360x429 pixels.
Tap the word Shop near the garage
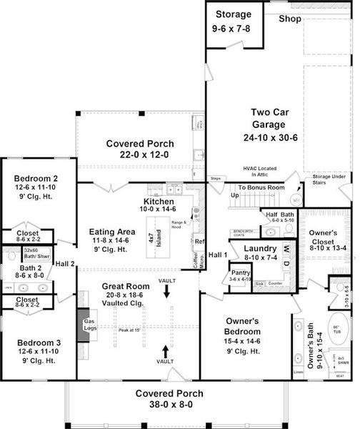tap(289, 19)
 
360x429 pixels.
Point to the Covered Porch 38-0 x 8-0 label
tap(170, 398)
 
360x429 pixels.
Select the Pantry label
tap(239, 275)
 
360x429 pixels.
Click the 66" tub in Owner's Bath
tap(334, 330)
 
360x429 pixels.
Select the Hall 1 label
tap(217, 255)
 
